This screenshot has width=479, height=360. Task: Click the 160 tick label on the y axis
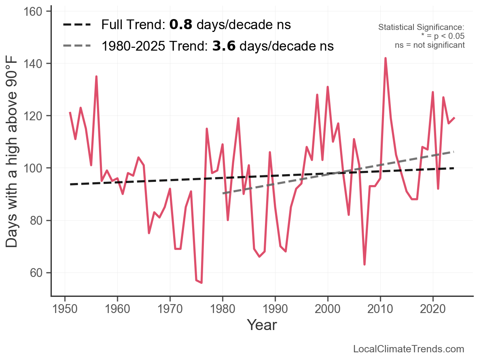click(x=36, y=12)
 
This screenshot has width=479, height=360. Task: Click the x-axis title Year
click(x=262, y=325)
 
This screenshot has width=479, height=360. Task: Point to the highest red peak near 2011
click(x=386, y=58)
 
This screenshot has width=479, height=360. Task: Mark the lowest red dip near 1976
click(x=201, y=283)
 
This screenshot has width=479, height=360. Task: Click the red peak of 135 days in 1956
click(x=96, y=77)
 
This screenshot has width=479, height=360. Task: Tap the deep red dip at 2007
click(x=365, y=264)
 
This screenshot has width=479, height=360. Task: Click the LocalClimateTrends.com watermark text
click(x=409, y=349)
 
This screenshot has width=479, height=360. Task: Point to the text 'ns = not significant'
click(x=430, y=45)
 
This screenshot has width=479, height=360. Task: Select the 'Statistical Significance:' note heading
click(x=421, y=27)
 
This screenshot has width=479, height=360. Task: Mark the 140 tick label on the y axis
click(x=36, y=64)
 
